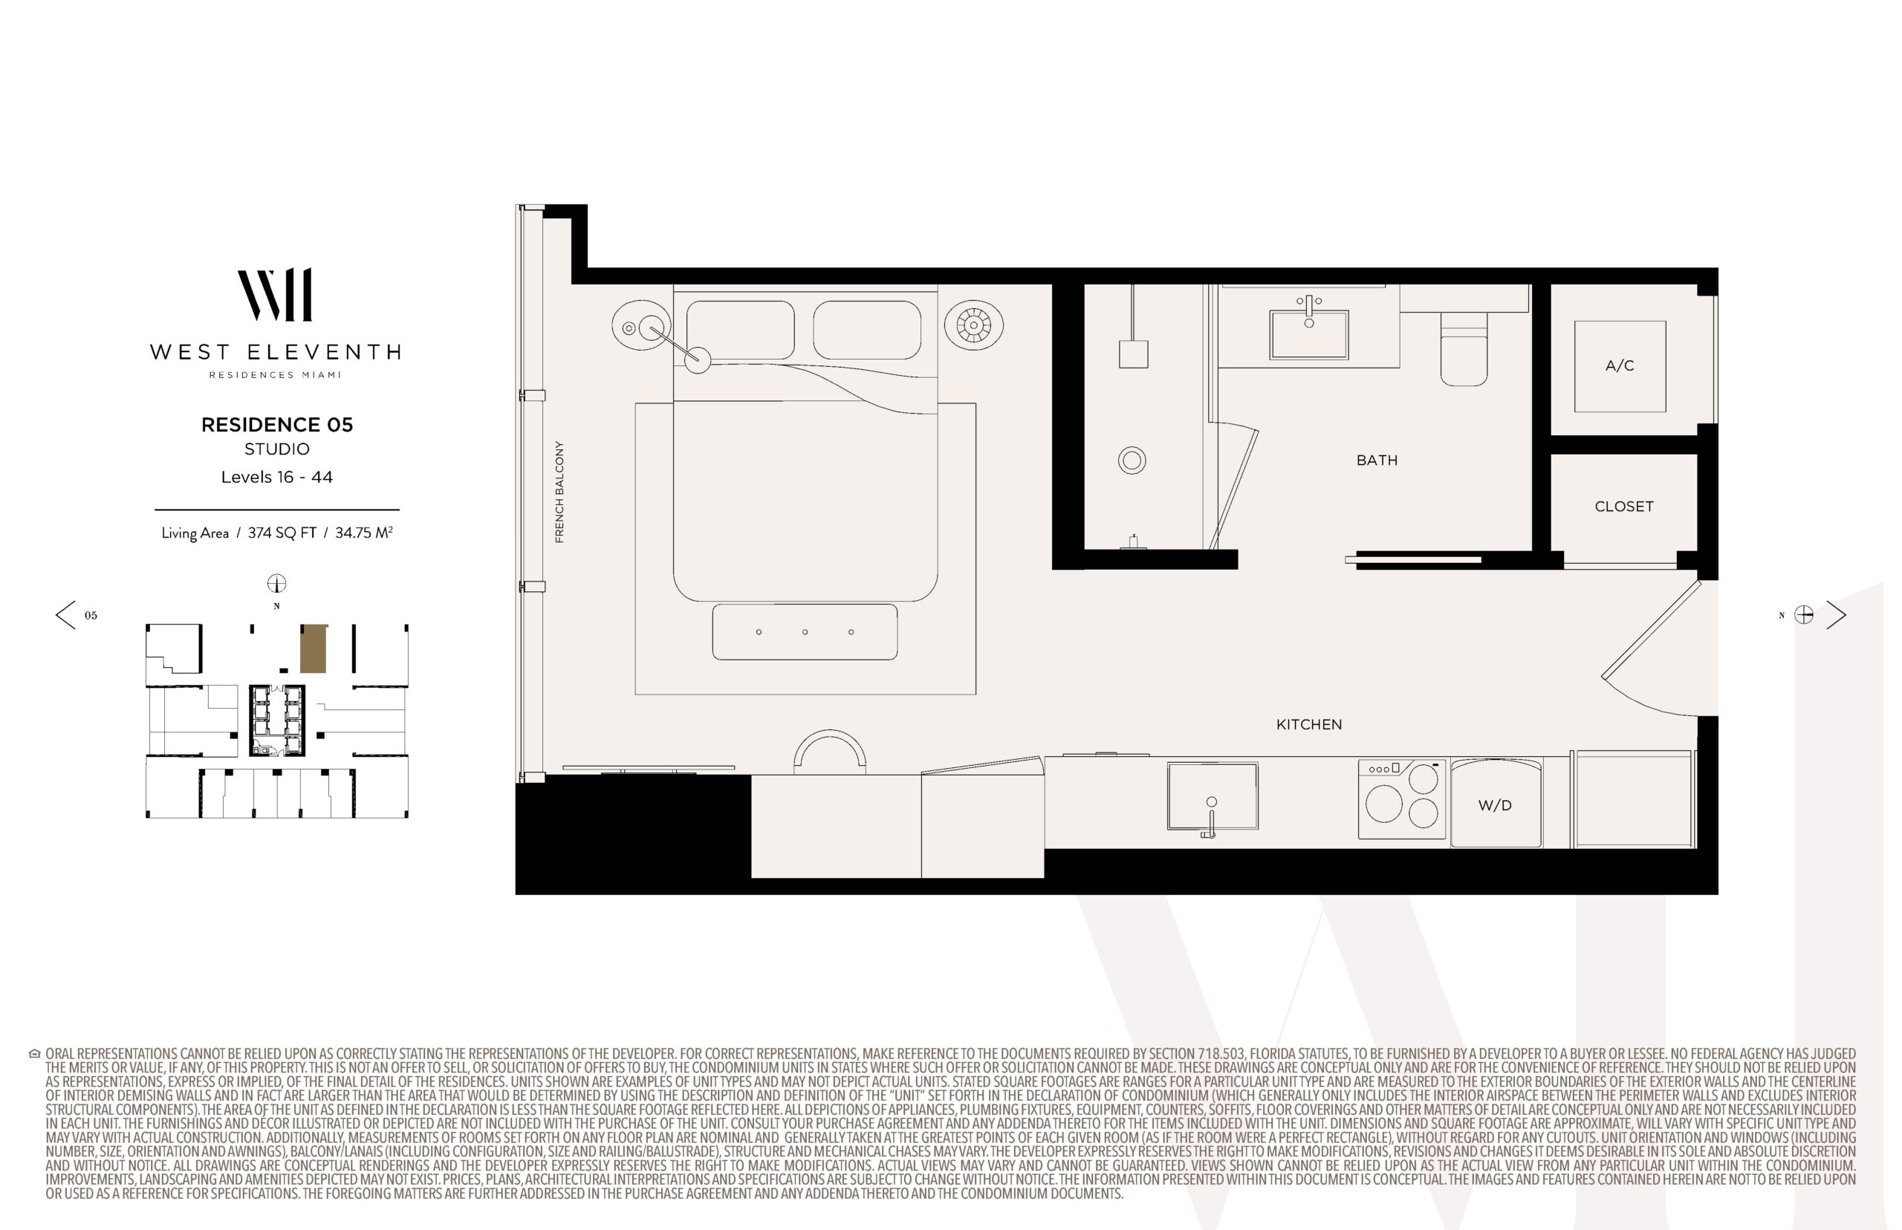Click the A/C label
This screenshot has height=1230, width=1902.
point(1619,365)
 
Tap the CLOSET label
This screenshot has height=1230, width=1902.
point(1623,507)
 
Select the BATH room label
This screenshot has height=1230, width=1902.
point(1377,460)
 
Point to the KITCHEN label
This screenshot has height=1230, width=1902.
point(1308,724)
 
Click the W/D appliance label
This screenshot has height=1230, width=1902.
point(1495,805)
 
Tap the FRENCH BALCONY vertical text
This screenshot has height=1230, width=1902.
point(559,492)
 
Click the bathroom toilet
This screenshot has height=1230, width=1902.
point(1464,349)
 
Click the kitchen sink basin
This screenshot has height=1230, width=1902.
point(1212,795)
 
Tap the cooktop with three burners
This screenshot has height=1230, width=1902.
point(1402,798)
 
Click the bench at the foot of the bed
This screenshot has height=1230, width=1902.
point(805,632)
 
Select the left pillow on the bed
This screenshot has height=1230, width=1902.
point(740,331)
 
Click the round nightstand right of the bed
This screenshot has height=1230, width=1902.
point(974,325)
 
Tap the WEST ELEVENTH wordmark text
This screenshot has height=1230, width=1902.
point(276,352)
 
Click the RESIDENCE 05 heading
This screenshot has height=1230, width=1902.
point(276,425)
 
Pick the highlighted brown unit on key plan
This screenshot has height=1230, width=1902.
point(313,648)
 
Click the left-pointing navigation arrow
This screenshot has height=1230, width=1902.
point(65,615)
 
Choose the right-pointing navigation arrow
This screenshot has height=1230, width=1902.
point(1837,615)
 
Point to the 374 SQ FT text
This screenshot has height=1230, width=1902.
point(282,533)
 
